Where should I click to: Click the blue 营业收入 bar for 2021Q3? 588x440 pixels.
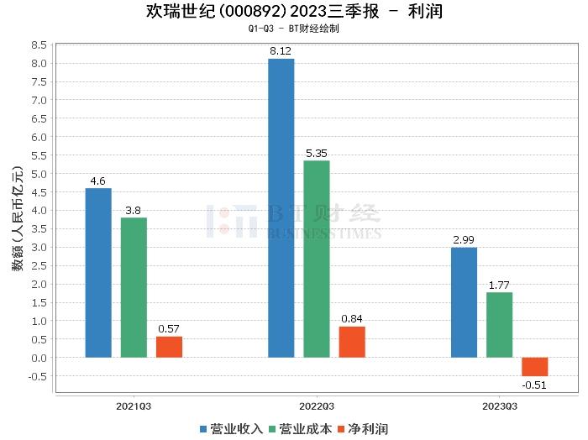point(98,273)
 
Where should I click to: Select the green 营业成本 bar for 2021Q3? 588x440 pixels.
point(134,287)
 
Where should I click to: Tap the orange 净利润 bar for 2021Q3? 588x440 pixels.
point(169,347)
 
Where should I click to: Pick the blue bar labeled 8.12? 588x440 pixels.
point(281,208)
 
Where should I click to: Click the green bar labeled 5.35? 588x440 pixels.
point(317,259)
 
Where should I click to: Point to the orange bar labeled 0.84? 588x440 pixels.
point(352,342)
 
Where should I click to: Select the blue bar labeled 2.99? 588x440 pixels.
point(464,302)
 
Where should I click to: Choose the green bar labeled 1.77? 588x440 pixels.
point(499,325)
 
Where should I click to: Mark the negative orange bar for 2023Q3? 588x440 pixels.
point(534,367)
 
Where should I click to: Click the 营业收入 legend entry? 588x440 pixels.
point(232,429)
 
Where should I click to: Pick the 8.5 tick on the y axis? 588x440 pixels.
point(37,45)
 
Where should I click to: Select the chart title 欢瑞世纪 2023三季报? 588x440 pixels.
point(293,12)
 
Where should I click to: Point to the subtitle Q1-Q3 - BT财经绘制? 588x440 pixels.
point(293,29)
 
